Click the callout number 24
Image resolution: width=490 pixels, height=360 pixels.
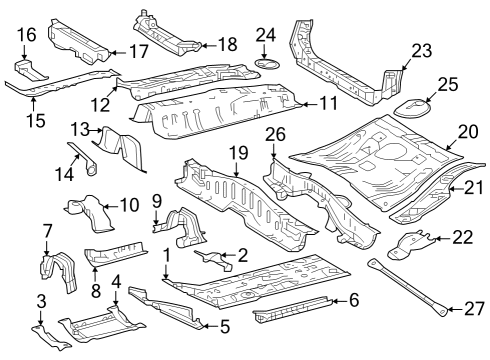(x=265, y=36)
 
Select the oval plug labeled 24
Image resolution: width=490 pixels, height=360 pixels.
(x=267, y=66)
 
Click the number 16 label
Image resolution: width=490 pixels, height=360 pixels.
(x=26, y=35)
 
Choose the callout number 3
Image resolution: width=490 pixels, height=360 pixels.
(x=41, y=300)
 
